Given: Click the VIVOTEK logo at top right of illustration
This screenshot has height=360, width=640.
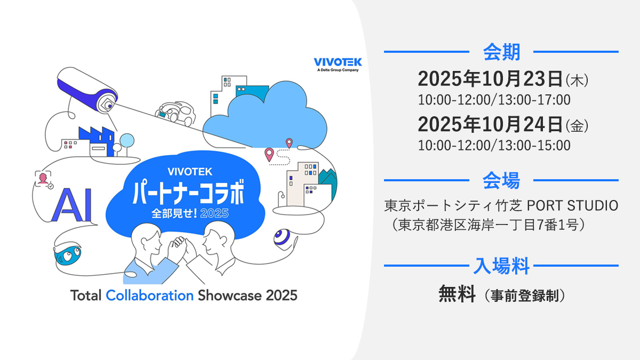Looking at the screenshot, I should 338,63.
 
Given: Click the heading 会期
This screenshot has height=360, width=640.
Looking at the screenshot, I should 501,52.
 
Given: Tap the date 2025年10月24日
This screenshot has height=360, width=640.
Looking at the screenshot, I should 491,125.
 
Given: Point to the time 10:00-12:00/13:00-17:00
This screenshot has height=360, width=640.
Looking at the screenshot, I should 494,100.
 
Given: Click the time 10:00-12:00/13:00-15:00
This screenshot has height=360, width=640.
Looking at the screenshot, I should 494,145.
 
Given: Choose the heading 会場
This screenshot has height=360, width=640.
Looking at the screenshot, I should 501,180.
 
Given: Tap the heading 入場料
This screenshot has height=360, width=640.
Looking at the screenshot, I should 501,265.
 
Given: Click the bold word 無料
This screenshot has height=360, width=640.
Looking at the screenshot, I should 457,294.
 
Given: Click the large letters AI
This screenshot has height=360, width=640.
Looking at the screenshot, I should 72,204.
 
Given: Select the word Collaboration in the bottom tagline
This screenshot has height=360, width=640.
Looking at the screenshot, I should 149,295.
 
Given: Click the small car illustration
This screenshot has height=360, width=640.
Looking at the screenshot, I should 174,111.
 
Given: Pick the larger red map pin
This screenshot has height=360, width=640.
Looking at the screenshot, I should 269,155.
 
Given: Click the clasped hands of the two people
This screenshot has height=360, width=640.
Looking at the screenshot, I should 178,246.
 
